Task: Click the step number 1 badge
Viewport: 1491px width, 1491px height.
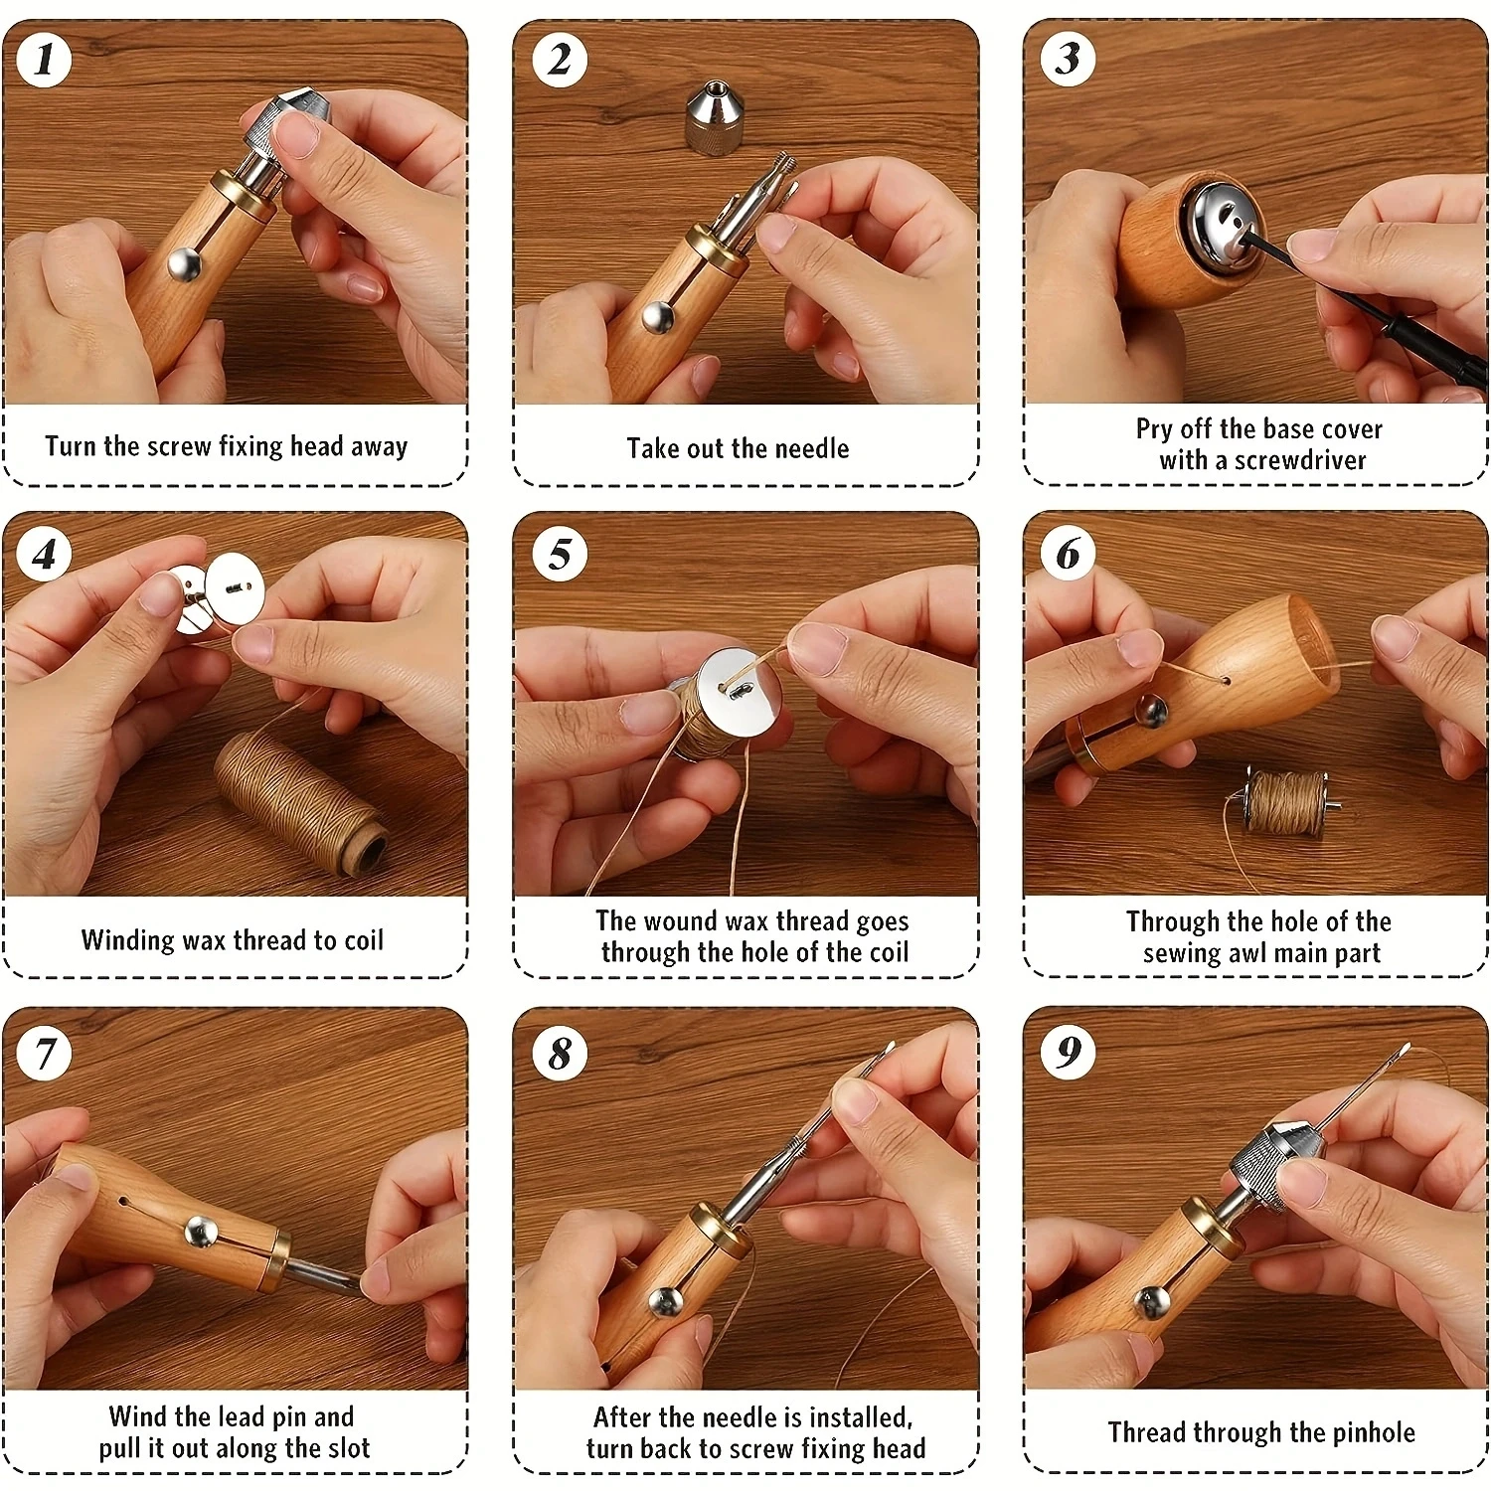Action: (44, 59)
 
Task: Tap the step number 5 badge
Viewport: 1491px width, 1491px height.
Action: (560, 554)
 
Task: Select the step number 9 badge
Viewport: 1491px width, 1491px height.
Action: (1069, 1051)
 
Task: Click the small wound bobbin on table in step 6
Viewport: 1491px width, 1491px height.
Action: (1283, 803)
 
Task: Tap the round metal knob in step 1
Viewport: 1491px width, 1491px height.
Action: (184, 264)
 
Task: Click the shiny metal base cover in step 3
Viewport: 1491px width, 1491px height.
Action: (1220, 225)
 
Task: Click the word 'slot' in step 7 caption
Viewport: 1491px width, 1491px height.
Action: (348, 1448)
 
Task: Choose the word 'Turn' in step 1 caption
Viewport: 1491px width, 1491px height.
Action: (71, 446)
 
